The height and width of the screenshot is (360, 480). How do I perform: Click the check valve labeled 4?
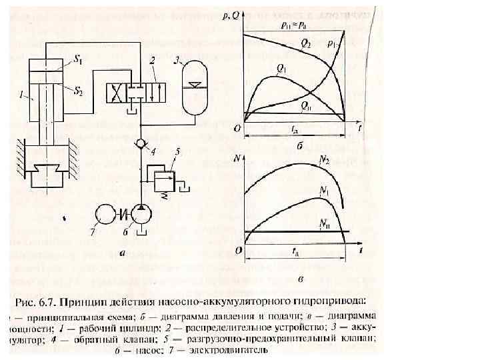pos(141,144)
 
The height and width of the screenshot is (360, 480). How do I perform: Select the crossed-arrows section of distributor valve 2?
pos(118,90)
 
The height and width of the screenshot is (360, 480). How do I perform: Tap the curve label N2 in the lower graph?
pos(325,161)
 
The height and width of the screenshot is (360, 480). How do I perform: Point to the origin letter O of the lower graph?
pos(237,250)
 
